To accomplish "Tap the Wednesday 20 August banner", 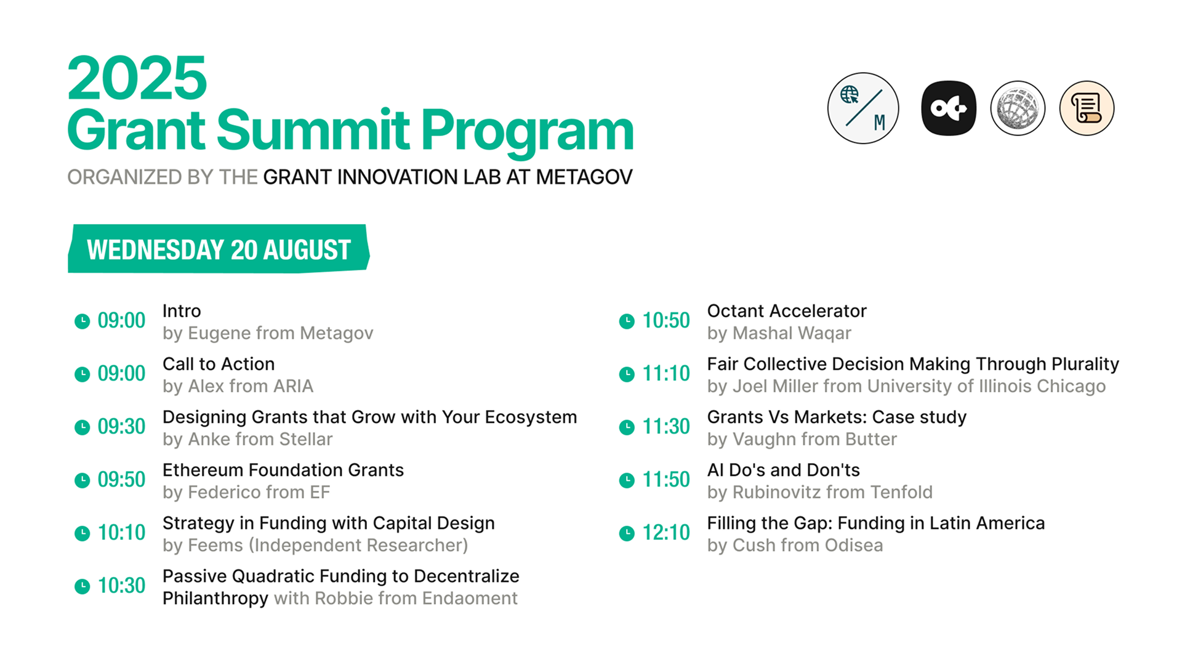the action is (x=219, y=249).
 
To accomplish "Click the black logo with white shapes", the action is (x=949, y=108).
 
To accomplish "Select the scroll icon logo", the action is (x=1087, y=108).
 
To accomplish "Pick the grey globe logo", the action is (x=1018, y=108).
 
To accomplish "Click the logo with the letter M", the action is (x=863, y=108).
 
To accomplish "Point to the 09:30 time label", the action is (x=121, y=426).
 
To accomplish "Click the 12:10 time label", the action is (x=666, y=532).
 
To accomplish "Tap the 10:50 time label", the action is (x=666, y=320).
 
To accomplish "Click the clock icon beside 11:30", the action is (x=627, y=427).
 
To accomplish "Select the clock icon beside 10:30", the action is (x=82, y=586).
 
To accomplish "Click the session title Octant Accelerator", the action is (x=787, y=311).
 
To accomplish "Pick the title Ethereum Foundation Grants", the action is (x=283, y=470).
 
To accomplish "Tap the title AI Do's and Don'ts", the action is (x=783, y=470).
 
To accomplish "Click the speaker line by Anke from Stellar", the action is (x=247, y=439).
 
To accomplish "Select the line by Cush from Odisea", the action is (x=795, y=545).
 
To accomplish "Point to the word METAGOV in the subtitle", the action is (x=584, y=177).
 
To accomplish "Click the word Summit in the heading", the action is (x=313, y=130).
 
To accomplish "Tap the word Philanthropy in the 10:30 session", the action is (x=215, y=598).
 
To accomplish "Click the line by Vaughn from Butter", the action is (x=802, y=439).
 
